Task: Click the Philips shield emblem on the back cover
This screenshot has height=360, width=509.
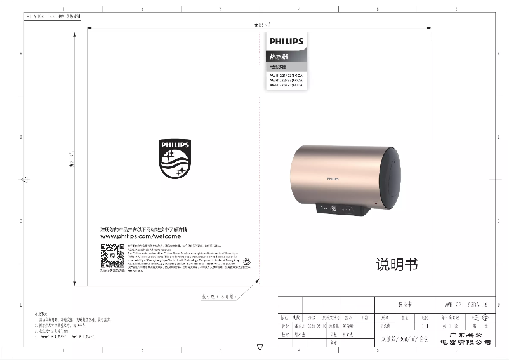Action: click(175, 159)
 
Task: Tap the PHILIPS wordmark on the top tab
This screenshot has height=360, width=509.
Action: click(286, 41)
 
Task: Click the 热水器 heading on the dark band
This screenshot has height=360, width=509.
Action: click(279, 57)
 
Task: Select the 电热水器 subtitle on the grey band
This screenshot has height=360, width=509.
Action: click(279, 67)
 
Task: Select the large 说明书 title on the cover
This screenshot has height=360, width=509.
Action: click(397, 265)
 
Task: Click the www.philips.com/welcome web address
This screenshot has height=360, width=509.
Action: click(140, 236)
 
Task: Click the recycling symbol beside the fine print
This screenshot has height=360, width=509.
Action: click(248, 260)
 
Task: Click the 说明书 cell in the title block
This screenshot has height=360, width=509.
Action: click(404, 303)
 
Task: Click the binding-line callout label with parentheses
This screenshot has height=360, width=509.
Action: click(219, 296)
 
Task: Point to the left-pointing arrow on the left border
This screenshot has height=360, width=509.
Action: click(24, 180)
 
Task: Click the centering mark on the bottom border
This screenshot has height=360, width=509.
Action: click(260, 347)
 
